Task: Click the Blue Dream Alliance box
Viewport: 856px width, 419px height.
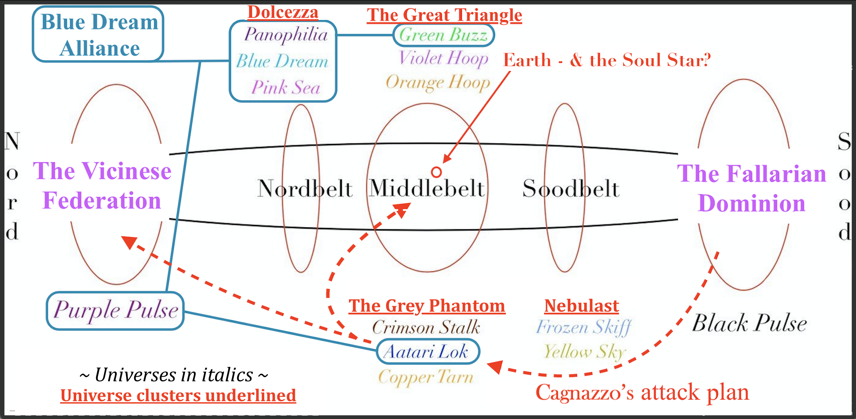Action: (98, 34)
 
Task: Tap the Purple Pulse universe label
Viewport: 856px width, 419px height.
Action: (115, 311)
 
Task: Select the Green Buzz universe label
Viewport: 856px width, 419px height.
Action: (443, 35)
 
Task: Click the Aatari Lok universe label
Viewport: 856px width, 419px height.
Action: (427, 352)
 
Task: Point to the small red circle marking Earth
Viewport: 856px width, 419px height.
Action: (436, 172)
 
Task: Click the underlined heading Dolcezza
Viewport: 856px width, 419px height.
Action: (283, 13)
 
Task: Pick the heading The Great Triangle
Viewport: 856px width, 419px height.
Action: (444, 15)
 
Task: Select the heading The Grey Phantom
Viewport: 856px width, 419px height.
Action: (427, 306)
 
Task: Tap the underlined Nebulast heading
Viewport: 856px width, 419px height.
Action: (581, 306)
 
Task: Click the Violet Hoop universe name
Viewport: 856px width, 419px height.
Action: (443, 58)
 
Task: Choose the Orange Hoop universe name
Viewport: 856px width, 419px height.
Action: (438, 83)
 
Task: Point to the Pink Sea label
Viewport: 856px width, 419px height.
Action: (286, 87)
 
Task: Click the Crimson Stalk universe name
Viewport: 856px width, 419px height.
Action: (426, 327)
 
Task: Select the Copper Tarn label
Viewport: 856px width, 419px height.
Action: (426, 377)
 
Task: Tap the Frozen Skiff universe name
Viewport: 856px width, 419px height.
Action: (583, 327)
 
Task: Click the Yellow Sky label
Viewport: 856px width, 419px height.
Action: (585, 352)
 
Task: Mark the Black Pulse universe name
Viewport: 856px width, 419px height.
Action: (749, 323)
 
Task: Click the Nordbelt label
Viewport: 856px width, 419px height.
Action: (305, 189)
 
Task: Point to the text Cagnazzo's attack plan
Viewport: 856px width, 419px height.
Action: (642, 392)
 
